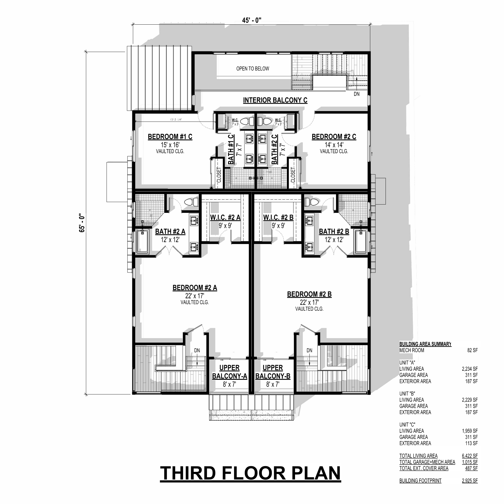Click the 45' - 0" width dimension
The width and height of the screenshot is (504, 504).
pyautogui.click(x=251, y=20)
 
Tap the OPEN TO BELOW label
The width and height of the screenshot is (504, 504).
pyautogui.click(x=253, y=69)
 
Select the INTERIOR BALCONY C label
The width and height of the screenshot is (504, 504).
pyautogui.click(x=275, y=100)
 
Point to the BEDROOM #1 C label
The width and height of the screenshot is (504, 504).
pyautogui.click(x=170, y=137)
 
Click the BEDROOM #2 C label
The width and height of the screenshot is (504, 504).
pyautogui.click(x=334, y=137)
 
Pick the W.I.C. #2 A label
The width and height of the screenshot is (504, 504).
pyautogui.click(x=225, y=217)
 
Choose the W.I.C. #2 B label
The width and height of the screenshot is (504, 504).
pyautogui.click(x=278, y=217)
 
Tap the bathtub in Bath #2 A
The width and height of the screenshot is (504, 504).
pyautogui.click(x=142, y=241)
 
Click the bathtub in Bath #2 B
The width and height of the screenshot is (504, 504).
pyautogui.click(x=361, y=241)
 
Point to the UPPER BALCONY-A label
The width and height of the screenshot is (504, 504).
pyautogui.click(x=229, y=372)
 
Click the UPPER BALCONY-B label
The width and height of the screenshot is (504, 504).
pyautogui.click(x=273, y=372)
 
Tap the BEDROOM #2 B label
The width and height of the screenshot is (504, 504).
pyautogui.click(x=309, y=294)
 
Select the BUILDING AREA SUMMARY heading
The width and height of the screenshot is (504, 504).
pyautogui.click(x=425, y=344)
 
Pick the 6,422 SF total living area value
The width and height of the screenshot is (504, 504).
pyautogui.click(x=470, y=456)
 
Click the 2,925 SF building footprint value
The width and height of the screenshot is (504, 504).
pyautogui.click(x=470, y=480)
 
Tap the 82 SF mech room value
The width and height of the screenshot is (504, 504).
pyautogui.click(x=472, y=350)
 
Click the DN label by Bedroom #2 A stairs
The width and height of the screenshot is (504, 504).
pyautogui.click(x=197, y=351)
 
